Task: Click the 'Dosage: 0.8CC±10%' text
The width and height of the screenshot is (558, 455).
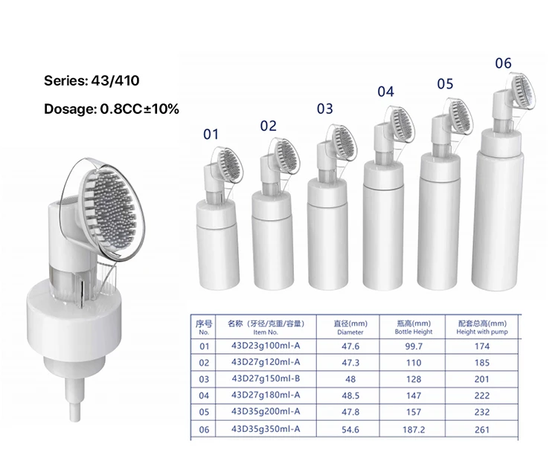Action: [x=111, y=109]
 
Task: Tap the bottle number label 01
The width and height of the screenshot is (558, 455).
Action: [x=211, y=134]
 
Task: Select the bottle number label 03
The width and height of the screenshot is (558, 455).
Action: [x=324, y=109]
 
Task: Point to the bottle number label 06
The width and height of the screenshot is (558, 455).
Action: [x=503, y=63]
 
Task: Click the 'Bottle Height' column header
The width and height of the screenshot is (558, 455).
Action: [x=414, y=328]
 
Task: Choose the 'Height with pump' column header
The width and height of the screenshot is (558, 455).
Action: [x=481, y=328]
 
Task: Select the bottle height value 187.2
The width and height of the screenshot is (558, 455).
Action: [x=414, y=429]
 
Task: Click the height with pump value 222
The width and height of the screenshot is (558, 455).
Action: [x=481, y=396]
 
